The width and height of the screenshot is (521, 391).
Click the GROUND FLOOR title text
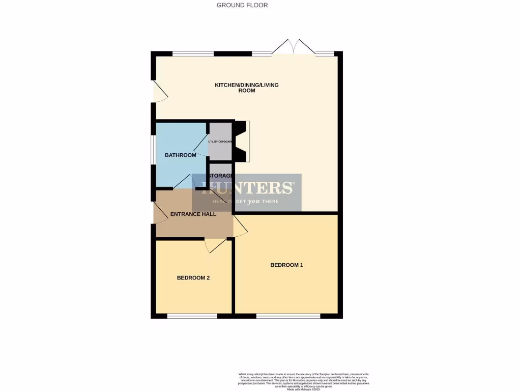pos(242,5)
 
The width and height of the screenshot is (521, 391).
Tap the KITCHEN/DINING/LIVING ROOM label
pos(247,88)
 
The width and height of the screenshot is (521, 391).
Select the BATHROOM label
pos(180,155)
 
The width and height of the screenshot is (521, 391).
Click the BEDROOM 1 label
pos(286,265)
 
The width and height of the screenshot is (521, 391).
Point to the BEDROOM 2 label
pos(193,278)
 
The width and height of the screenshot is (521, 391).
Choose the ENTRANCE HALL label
pos(193,214)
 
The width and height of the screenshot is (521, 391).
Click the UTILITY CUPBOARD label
pos(220,142)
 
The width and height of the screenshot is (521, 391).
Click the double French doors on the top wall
pos(293,47)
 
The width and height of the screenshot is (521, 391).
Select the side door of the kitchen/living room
pos(160,92)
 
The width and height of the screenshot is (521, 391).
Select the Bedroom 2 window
pos(192,316)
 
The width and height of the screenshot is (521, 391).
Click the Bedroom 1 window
pos(288,316)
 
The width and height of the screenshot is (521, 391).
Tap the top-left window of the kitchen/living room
pos(193,53)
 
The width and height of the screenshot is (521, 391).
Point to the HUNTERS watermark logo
pos(247,192)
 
